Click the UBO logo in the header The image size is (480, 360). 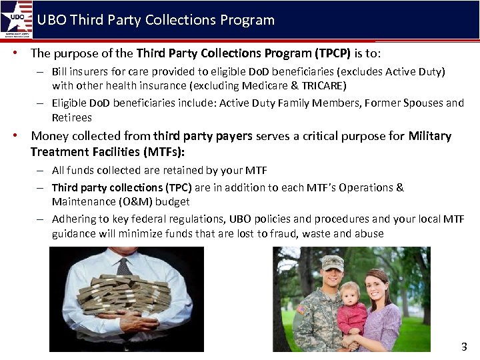tap(17, 19)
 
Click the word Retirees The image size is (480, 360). tap(72, 117)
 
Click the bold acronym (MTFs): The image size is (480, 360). tap(161, 152)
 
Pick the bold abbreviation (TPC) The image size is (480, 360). tap(179, 187)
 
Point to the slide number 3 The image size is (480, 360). tap(464, 347)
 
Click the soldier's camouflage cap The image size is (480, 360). tap(331, 262)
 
